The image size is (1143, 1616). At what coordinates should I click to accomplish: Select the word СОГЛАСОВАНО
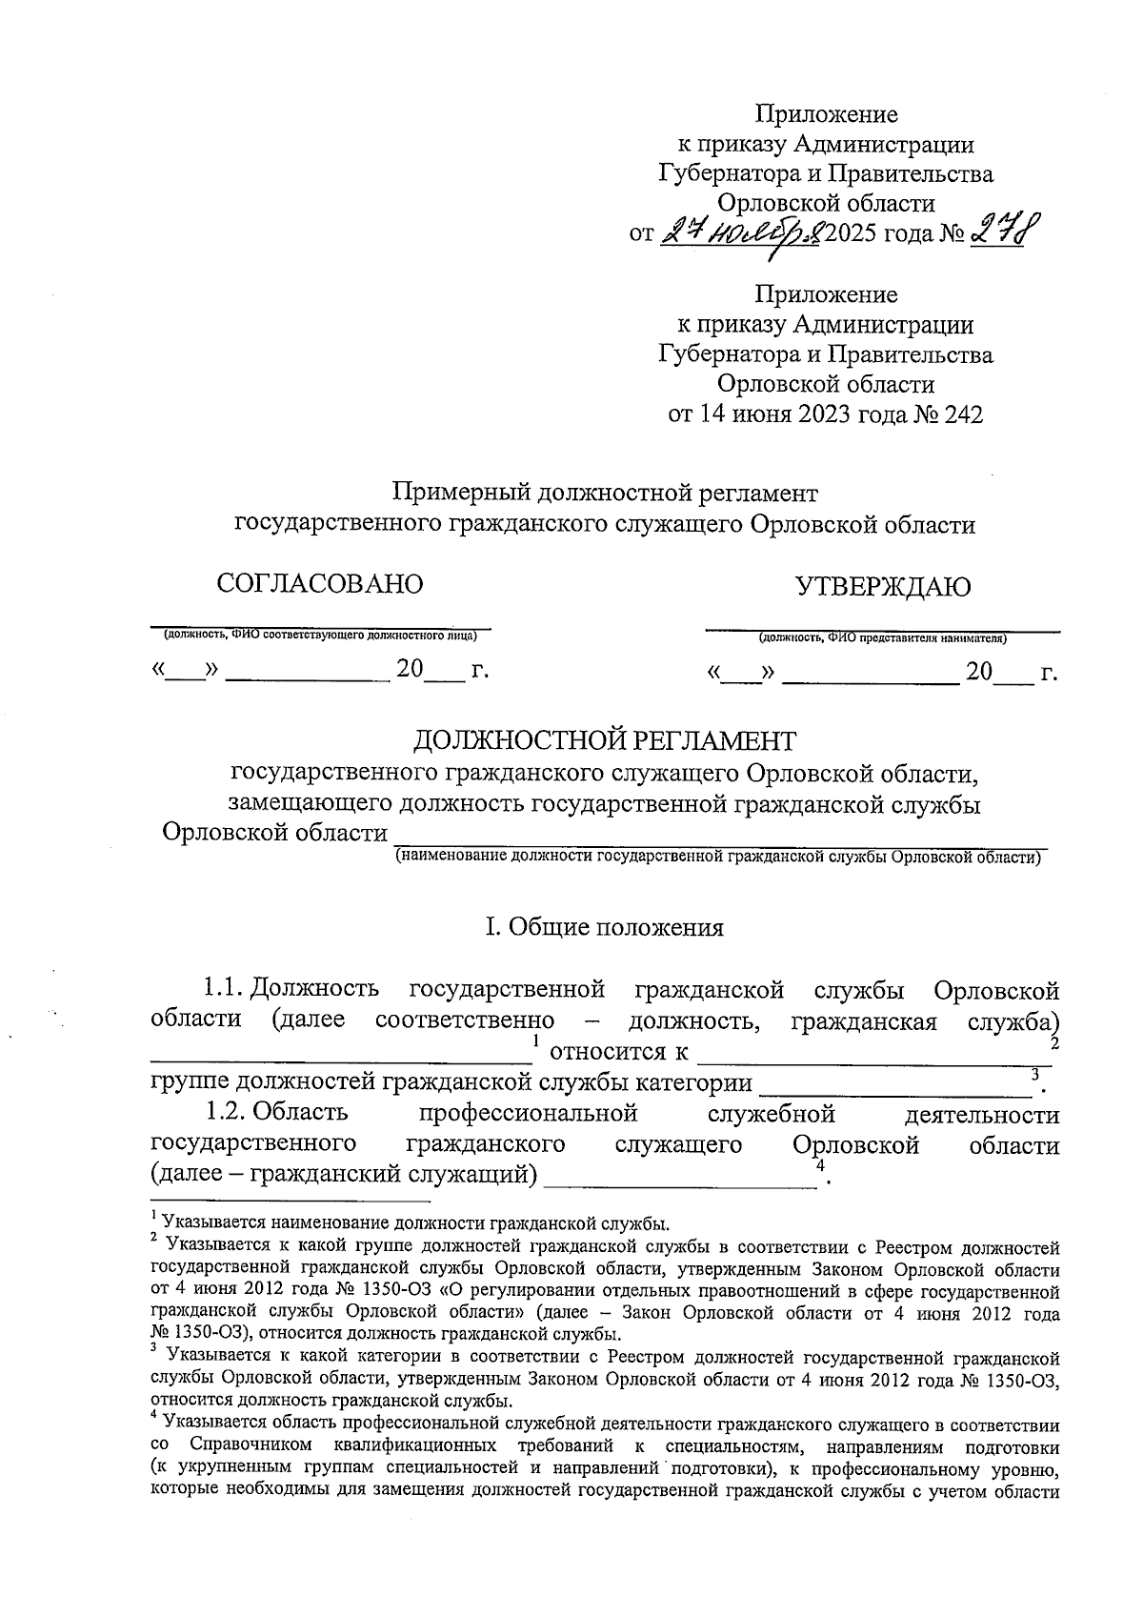click(319, 584)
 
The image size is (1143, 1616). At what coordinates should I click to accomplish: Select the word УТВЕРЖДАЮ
click(883, 586)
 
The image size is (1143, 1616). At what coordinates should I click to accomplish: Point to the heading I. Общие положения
click(604, 927)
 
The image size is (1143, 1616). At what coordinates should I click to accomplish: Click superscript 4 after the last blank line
click(820, 1166)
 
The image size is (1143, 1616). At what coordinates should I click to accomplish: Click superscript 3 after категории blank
click(1035, 1075)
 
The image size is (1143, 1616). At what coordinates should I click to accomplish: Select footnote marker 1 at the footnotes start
click(154, 1215)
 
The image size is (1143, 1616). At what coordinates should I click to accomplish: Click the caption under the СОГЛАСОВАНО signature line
click(319, 635)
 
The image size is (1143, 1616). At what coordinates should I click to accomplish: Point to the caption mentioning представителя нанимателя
click(883, 638)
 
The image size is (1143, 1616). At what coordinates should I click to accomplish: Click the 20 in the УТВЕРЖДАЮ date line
click(979, 672)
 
